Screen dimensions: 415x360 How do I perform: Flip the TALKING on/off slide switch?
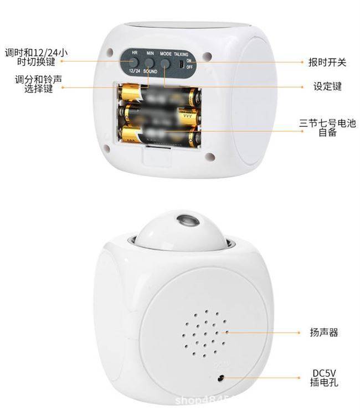pyautogui.click(x=181, y=63)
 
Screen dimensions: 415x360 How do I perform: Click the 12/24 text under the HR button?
pyautogui.click(x=133, y=71)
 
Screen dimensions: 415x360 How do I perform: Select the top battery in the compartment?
pyautogui.click(x=159, y=93)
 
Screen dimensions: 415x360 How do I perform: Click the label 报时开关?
pyautogui.click(x=327, y=62)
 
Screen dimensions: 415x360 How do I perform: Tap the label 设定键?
pyautogui.click(x=327, y=86)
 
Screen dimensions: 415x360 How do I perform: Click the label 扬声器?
pyautogui.click(x=324, y=333)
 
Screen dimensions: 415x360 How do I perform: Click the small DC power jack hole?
pyautogui.click(x=220, y=377)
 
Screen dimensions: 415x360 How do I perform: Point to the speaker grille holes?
pyautogui.click(x=204, y=332)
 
